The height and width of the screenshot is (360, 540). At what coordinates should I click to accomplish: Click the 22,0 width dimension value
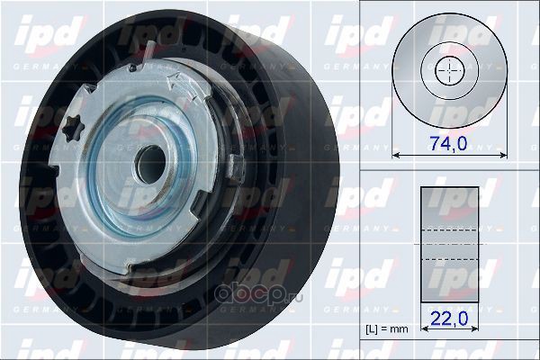(x=449, y=319)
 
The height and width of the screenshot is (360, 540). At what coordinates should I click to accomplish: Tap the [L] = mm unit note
(x=387, y=329)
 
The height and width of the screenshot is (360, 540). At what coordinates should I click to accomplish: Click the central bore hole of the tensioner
(x=150, y=165)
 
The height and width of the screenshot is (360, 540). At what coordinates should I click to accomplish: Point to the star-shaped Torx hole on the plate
(x=74, y=129)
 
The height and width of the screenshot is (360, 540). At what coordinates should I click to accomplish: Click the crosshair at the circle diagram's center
(x=450, y=70)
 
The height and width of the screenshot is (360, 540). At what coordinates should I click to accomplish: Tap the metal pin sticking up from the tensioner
(x=147, y=53)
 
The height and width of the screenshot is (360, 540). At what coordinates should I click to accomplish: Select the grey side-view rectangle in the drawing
(x=449, y=245)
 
